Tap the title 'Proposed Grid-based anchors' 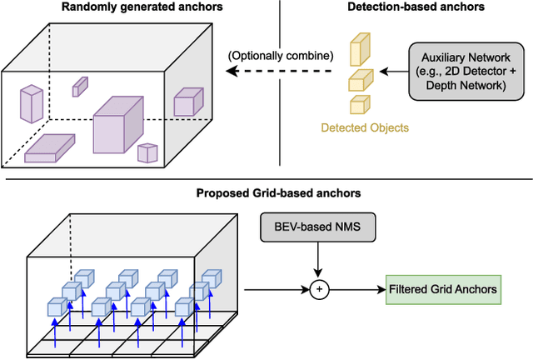[267, 193]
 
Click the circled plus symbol [317, 289]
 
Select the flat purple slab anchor [50, 148]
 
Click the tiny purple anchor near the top [80, 86]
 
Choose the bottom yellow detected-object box [359, 105]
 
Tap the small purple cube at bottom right [147, 152]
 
